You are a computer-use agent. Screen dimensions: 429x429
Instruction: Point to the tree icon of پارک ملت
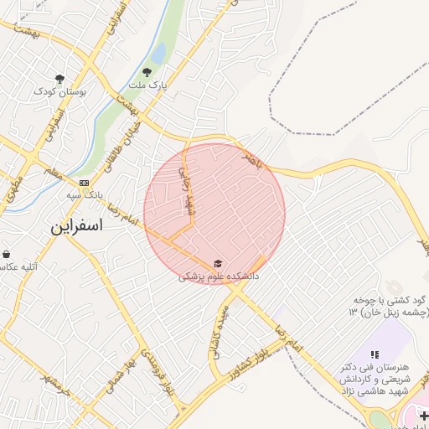click(148, 73)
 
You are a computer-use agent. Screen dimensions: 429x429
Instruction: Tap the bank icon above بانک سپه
click(84, 183)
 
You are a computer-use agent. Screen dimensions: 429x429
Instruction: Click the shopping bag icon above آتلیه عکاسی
click(6, 254)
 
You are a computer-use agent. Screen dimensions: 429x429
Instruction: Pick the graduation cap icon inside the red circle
click(219, 264)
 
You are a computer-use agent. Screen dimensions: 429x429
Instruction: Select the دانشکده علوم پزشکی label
click(219, 276)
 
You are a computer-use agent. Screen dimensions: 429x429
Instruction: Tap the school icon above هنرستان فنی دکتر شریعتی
click(374, 355)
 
